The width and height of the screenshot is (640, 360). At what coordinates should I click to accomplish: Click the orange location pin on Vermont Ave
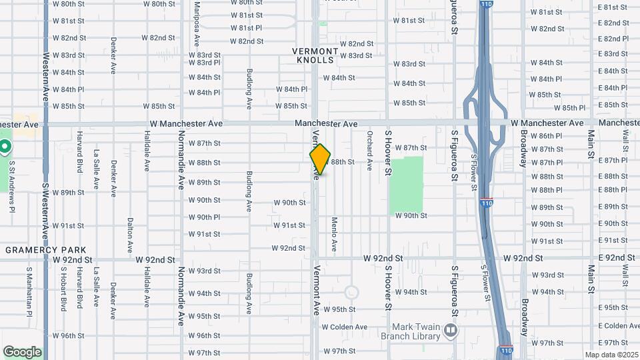click(x=320, y=159)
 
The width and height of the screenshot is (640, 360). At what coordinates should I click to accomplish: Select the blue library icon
click(x=451, y=330)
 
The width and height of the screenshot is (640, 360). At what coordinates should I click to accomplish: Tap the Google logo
click(x=22, y=352)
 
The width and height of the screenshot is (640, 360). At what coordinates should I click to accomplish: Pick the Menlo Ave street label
click(x=335, y=233)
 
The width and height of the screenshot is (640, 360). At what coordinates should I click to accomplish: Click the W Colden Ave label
click(x=345, y=327)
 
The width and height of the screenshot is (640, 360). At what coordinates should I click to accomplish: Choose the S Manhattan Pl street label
click(x=29, y=289)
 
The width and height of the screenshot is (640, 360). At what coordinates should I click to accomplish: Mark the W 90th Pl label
click(x=204, y=217)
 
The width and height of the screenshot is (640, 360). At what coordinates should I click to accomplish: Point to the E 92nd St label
click(x=616, y=257)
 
